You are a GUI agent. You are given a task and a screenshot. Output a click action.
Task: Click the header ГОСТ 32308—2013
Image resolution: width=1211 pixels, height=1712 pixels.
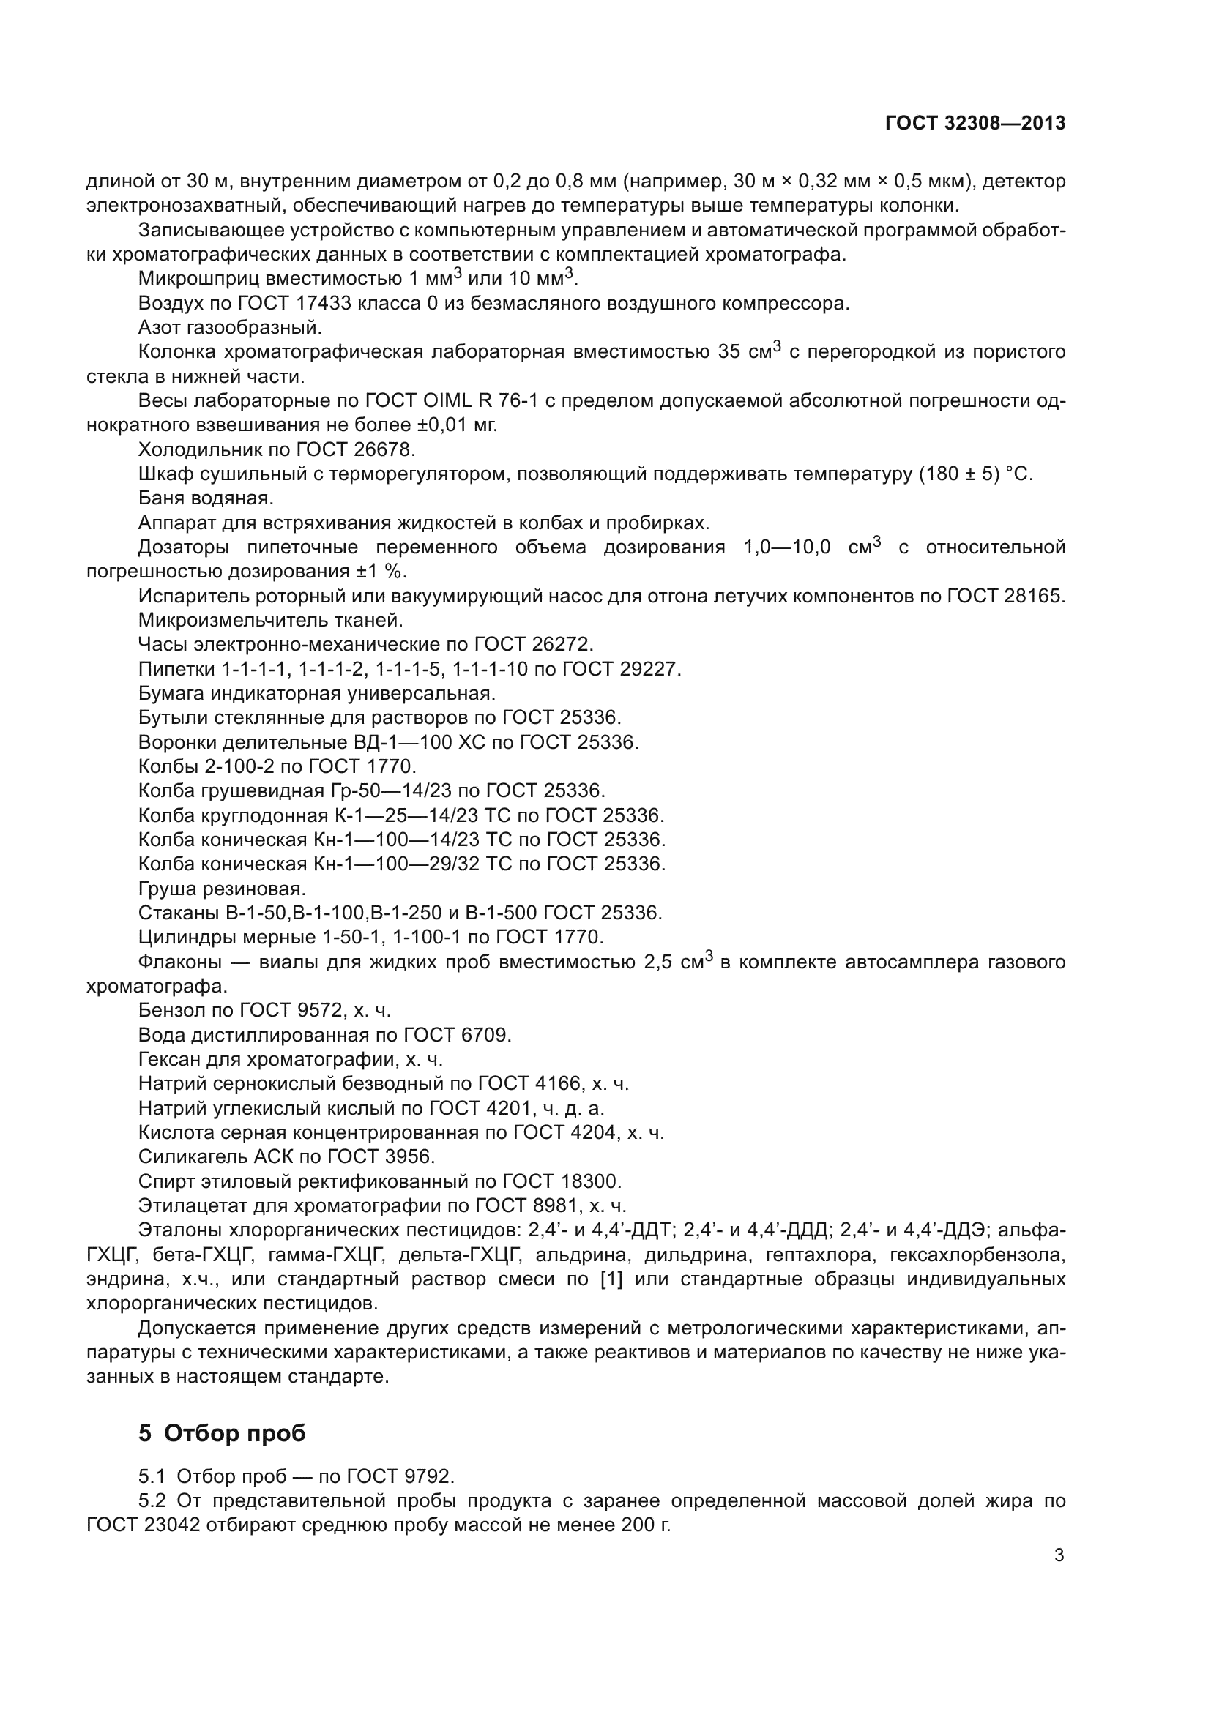tap(975, 124)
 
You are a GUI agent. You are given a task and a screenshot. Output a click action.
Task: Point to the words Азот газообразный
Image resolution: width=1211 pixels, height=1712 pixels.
tap(230, 327)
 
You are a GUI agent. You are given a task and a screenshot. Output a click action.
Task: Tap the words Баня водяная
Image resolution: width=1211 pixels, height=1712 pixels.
tap(206, 497)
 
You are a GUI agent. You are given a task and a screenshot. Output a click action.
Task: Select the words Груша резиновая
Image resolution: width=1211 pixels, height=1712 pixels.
tap(221, 889)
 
